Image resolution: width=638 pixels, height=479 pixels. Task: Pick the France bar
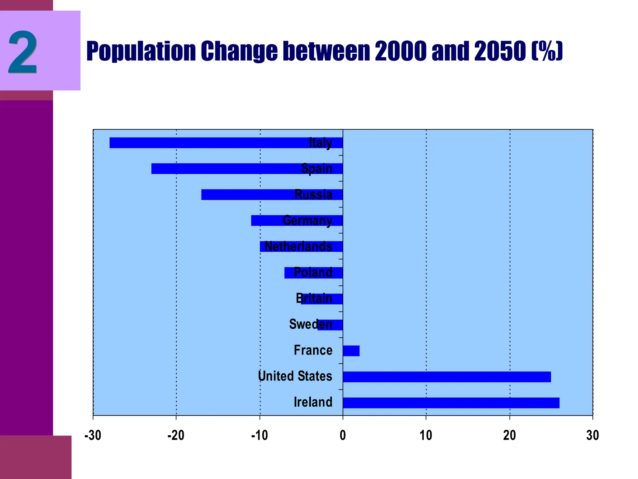[351, 351]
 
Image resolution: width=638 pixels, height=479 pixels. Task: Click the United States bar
[447, 377]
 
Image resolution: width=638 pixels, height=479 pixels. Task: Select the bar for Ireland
[451, 403]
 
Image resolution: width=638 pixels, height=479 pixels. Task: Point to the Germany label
[307, 220]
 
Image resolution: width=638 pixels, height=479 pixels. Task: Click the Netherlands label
[298, 246]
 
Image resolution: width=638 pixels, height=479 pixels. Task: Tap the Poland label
[313, 273]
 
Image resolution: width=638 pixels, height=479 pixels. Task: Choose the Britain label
[314, 298]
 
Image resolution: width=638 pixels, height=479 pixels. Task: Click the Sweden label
[311, 324]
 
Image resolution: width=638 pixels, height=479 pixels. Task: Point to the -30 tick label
[93, 435]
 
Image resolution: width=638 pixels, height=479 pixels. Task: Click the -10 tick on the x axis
[259, 435]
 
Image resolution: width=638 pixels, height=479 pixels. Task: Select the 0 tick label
[343, 435]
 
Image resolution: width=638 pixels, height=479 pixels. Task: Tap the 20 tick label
[509, 435]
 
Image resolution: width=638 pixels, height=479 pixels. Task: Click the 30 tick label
[592, 435]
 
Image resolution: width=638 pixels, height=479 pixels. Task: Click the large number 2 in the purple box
[23, 52]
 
